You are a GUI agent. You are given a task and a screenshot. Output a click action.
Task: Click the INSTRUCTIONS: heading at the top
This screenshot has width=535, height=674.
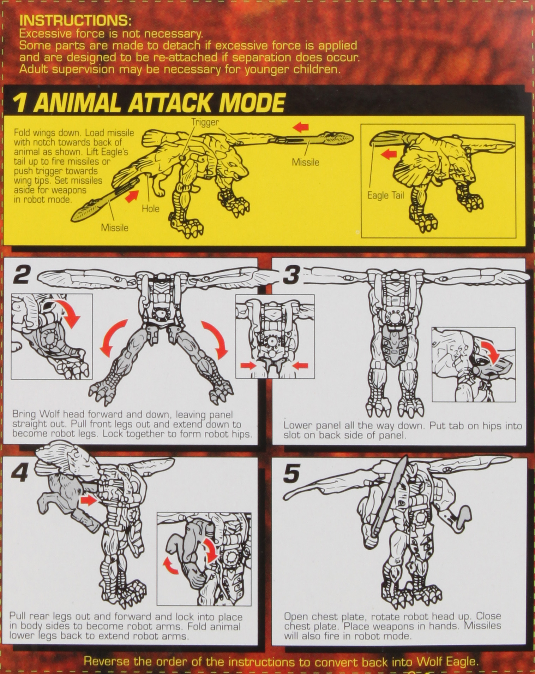75,21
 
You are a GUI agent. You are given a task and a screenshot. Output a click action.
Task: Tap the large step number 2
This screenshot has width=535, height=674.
22,275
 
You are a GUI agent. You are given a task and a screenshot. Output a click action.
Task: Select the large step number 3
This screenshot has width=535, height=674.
291,275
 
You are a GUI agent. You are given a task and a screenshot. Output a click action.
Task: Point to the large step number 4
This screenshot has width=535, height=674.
19,473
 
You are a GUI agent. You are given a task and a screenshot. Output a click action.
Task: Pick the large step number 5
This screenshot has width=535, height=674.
292,473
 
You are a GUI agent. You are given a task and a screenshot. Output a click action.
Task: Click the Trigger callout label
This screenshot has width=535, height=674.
205,122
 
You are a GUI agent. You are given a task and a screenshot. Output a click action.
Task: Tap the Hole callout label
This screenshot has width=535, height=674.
151,209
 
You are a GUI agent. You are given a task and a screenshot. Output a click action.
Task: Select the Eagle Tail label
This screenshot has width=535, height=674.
385,195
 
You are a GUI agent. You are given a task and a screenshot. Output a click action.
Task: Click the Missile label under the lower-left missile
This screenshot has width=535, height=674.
115,228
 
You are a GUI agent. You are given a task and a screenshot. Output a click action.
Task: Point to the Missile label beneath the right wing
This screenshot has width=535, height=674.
306,162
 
